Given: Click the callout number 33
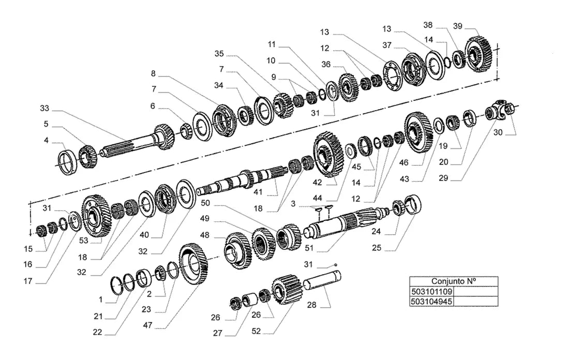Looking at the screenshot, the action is click(44, 108).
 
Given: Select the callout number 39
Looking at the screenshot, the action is click(458, 26).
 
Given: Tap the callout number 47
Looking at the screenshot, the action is click(148, 325).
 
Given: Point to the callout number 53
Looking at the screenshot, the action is click(83, 240).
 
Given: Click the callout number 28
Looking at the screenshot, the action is click(312, 305).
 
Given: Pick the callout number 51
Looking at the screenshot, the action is click(309, 248).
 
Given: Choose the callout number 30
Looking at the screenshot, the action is click(498, 132).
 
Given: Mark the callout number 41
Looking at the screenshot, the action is click(258, 192).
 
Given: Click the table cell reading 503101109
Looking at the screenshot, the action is click(432, 291).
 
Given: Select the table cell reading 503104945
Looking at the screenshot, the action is click(432, 301).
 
